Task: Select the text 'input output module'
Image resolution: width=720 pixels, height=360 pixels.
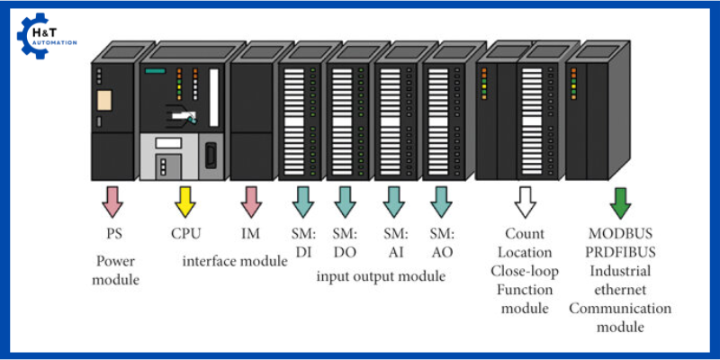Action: pyautogui.click(x=381, y=276)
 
